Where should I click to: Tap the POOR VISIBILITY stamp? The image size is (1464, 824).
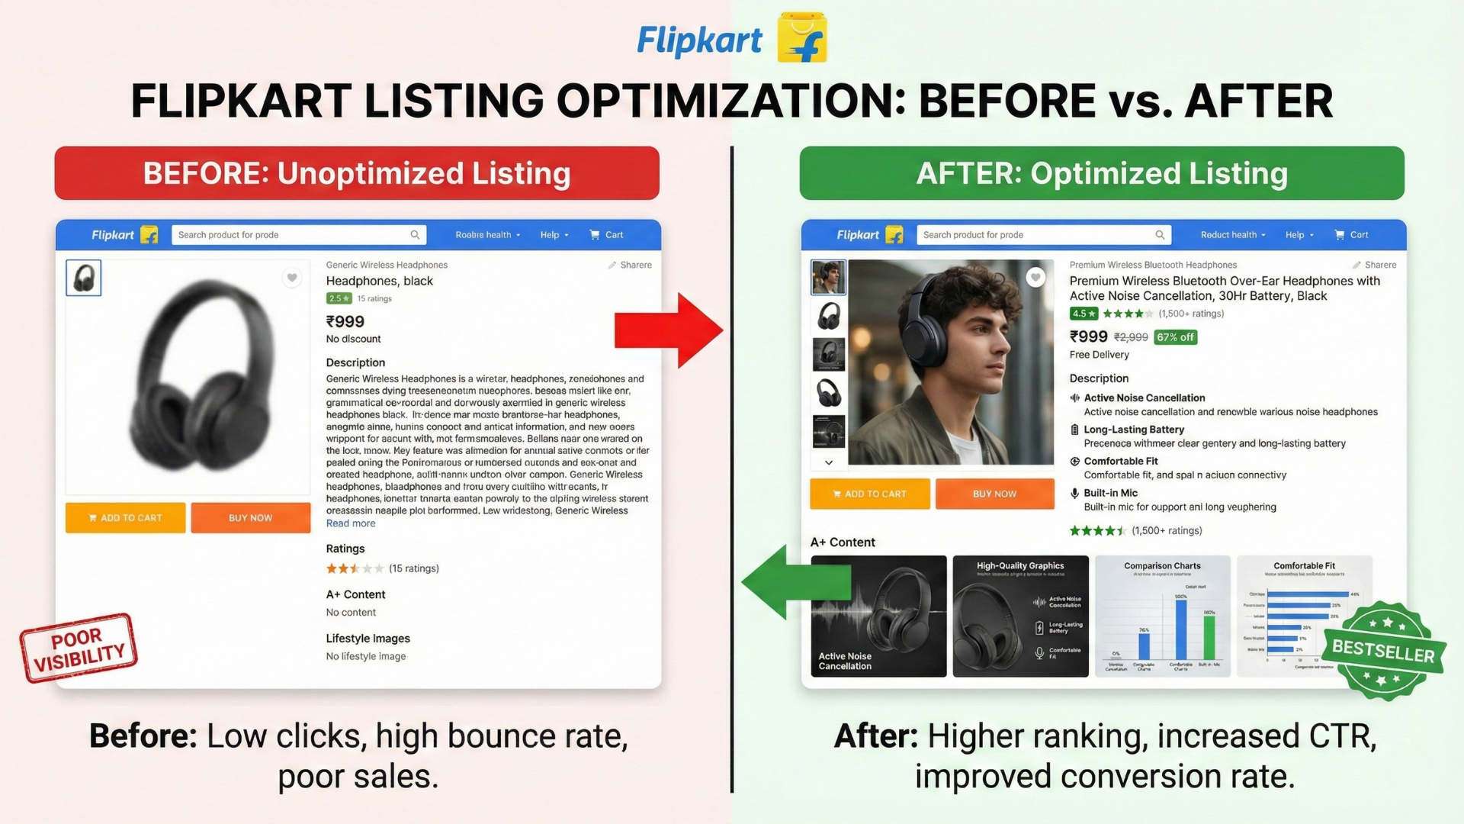point(79,648)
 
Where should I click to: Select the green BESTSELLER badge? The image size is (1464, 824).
point(1383,651)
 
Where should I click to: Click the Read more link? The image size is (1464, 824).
point(351,523)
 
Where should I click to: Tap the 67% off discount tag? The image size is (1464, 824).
point(1175,337)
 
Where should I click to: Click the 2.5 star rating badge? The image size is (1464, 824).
point(339,298)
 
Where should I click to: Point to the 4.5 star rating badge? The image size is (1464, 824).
point(1084,314)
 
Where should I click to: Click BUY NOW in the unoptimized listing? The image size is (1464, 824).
point(250,518)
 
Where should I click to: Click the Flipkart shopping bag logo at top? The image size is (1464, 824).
point(802,38)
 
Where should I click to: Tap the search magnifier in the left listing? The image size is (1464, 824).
point(415,235)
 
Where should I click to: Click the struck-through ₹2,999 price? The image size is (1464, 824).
point(1131,337)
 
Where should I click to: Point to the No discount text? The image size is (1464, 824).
point(353,339)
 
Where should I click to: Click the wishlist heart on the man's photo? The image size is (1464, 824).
point(1035,277)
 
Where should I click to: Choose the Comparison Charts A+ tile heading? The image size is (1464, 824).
point(1162,566)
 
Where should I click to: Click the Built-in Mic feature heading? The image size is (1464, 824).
point(1110,493)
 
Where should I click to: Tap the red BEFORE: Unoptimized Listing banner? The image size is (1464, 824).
point(357,173)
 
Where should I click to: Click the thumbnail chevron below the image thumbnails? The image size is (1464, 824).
point(829,462)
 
